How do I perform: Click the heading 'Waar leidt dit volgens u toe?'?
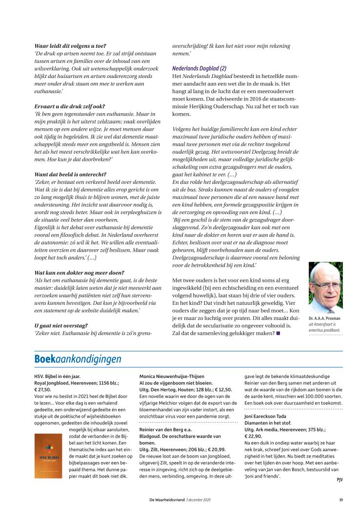click(70, 46)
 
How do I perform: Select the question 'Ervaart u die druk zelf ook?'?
click(70, 106)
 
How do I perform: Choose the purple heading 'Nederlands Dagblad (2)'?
click(199, 68)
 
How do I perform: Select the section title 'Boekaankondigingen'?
click(78, 360)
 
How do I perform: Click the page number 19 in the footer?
click(340, 500)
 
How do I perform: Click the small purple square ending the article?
click(278, 333)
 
